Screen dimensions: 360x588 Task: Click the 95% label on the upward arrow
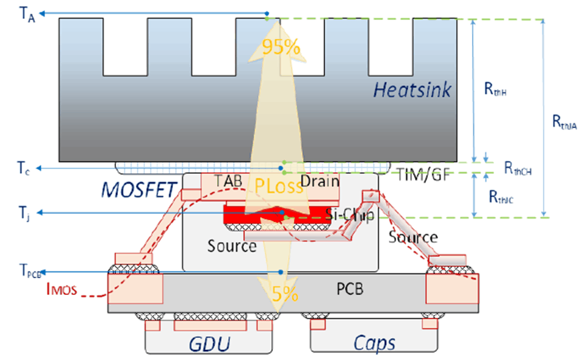[281, 48]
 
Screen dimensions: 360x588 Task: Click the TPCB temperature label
[31, 272]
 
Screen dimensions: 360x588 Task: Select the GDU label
[209, 345]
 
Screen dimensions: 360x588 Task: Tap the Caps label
[374, 343]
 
